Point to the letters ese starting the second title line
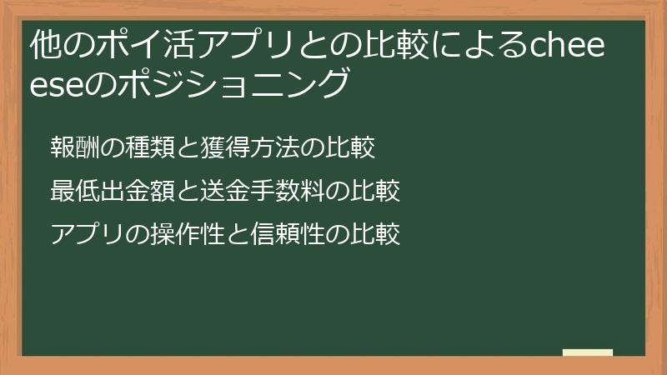coord(57,85)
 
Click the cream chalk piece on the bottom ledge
coord(587,352)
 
